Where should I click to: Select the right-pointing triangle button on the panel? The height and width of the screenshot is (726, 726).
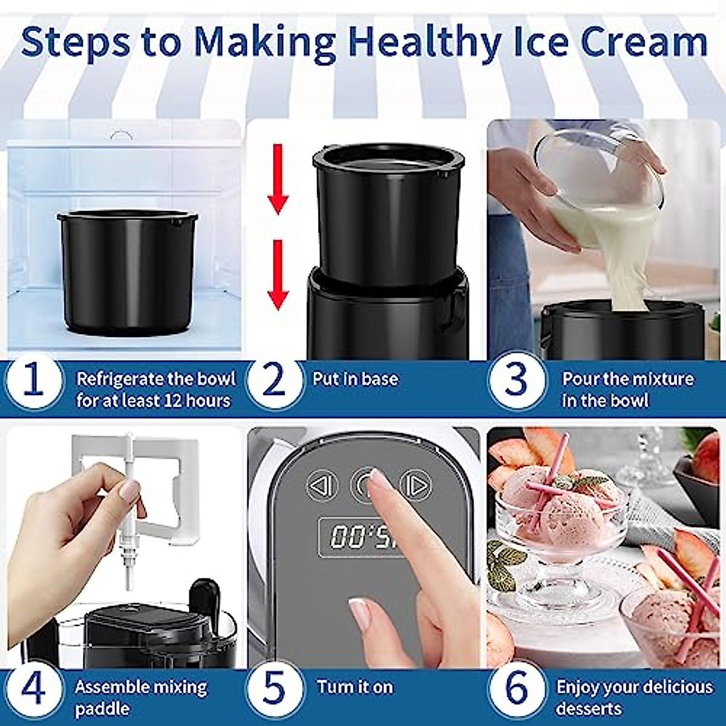418,485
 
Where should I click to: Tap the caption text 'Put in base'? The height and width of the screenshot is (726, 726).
355,379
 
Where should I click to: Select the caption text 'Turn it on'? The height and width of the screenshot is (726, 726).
355,687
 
